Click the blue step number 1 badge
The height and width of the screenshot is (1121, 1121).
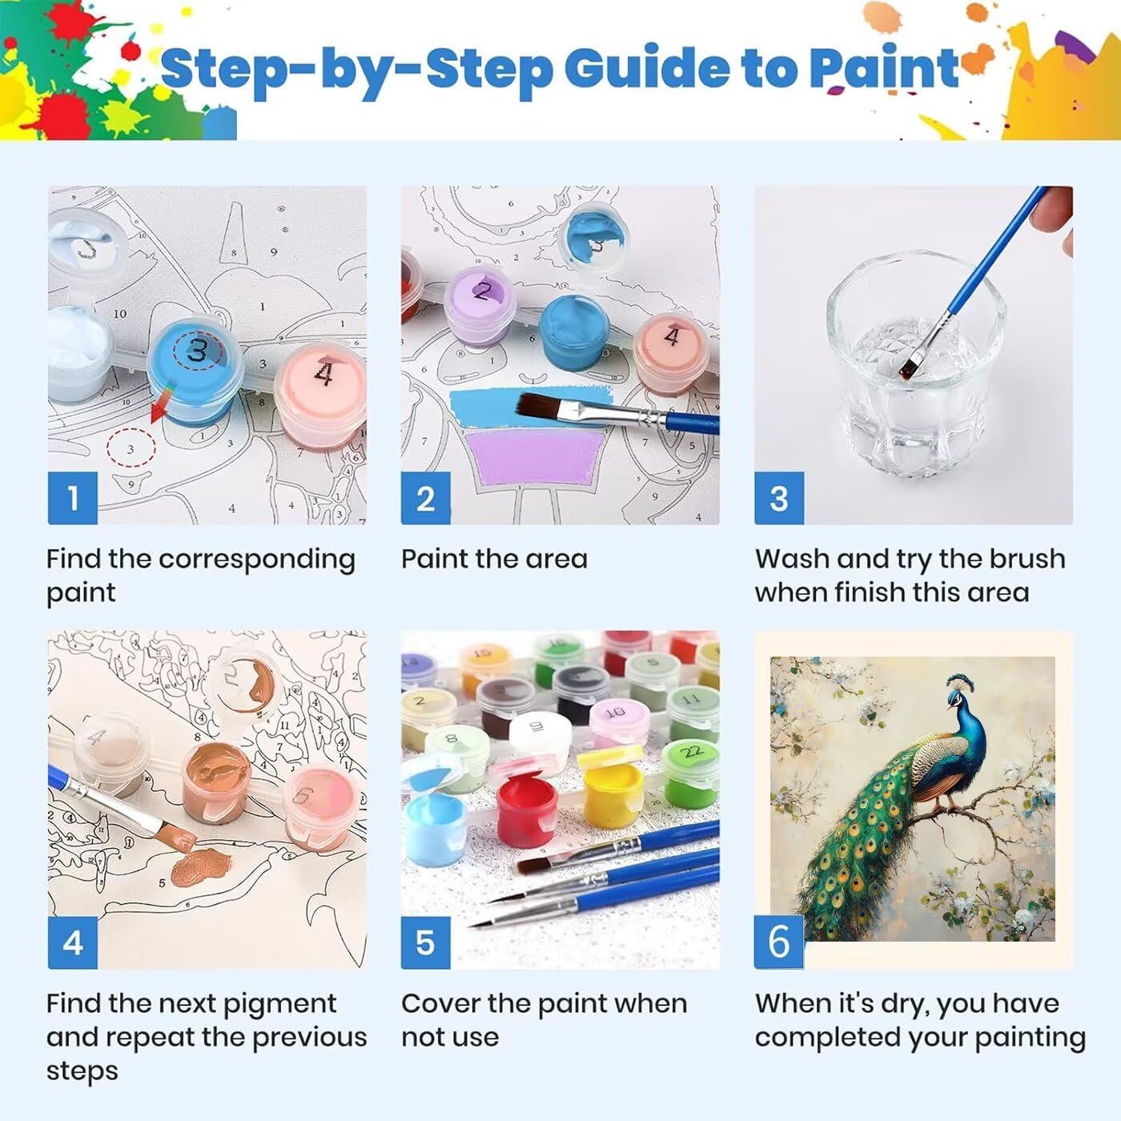tap(73, 498)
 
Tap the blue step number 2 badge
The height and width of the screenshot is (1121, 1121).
tap(426, 498)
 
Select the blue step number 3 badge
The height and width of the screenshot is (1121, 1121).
tap(779, 498)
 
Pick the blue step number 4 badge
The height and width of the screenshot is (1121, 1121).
tap(73, 942)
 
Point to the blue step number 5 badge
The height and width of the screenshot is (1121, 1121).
tap(426, 942)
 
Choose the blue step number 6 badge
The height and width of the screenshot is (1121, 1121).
tap(779, 942)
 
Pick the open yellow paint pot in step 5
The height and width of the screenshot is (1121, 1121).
tap(612, 786)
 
